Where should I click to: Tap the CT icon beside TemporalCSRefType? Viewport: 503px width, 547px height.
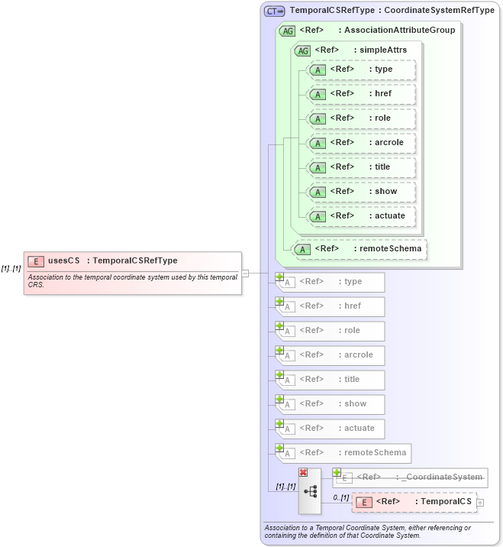point(274,11)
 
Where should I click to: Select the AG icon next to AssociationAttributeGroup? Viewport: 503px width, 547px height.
point(288,31)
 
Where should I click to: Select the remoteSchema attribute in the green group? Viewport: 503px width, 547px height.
point(360,248)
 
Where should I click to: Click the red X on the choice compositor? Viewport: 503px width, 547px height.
point(303,473)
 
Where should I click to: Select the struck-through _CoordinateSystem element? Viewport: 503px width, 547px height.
point(411,477)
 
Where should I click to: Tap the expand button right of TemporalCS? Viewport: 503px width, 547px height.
point(480,502)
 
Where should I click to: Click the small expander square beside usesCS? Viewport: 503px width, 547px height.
point(246,273)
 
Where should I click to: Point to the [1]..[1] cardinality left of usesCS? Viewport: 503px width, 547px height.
point(11,268)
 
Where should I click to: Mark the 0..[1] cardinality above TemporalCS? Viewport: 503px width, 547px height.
point(340,497)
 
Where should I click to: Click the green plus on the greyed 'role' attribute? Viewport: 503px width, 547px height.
point(280,326)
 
